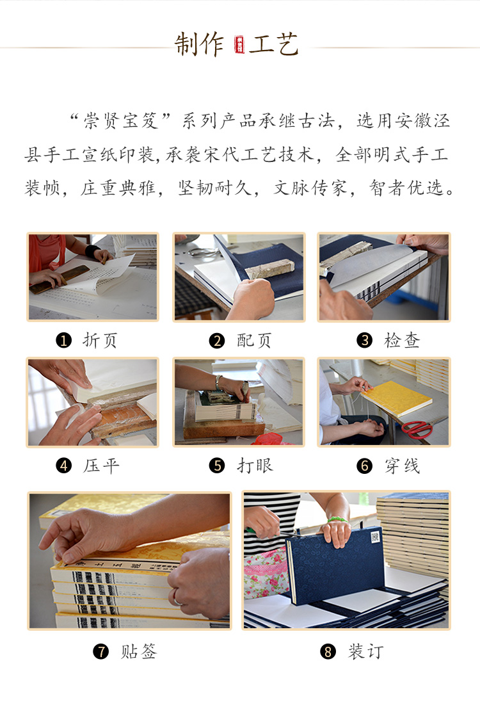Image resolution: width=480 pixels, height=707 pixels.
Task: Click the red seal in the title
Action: click(239, 45)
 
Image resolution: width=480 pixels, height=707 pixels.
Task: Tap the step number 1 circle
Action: click(63, 341)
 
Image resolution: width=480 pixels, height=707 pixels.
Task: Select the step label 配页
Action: click(254, 341)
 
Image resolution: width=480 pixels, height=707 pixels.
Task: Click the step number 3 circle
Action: click(364, 341)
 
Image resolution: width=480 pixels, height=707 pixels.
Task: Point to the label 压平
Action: click(101, 466)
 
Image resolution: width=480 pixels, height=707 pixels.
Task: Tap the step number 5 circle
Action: click(217, 466)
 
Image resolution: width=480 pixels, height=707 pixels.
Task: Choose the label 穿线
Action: click(402, 466)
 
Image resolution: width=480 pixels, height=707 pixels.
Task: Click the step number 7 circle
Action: click(100, 651)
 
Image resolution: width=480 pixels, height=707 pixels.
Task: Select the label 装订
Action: click(365, 651)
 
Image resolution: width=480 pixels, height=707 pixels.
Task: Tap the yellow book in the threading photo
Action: click(396, 399)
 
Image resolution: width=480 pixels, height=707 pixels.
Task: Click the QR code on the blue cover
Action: click(375, 537)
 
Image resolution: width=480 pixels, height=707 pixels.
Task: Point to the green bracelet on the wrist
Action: click(337, 519)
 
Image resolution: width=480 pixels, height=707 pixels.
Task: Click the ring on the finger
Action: click(177, 597)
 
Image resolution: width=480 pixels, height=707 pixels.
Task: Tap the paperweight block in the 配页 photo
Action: click(269, 269)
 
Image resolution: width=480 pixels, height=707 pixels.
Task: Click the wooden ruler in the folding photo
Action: click(60, 280)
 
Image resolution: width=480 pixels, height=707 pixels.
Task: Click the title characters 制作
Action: click(199, 45)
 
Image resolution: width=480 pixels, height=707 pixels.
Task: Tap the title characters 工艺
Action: click(273, 45)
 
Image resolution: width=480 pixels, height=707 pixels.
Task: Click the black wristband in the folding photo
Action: click(92, 250)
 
